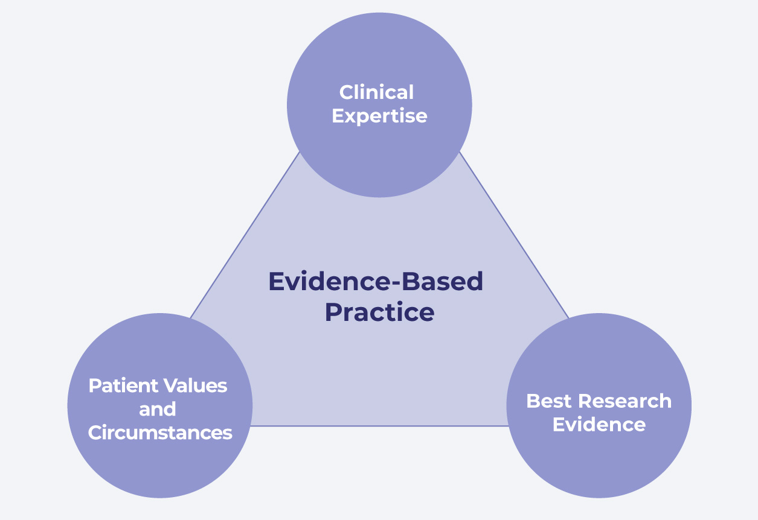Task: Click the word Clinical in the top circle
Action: click(376, 92)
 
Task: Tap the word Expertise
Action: click(379, 116)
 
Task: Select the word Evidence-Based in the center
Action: click(376, 281)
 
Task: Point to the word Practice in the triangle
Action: click(380, 312)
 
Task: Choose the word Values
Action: click(195, 385)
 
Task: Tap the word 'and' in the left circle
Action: click(158, 409)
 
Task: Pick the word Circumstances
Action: click(160, 433)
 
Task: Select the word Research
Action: click(625, 401)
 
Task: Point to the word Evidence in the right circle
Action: click(599, 425)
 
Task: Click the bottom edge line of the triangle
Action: click(380, 426)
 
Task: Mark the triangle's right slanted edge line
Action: click(513, 235)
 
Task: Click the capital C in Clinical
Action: click(347, 92)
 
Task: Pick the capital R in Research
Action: click(586, 401)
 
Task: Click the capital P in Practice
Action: click(333, 312)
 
